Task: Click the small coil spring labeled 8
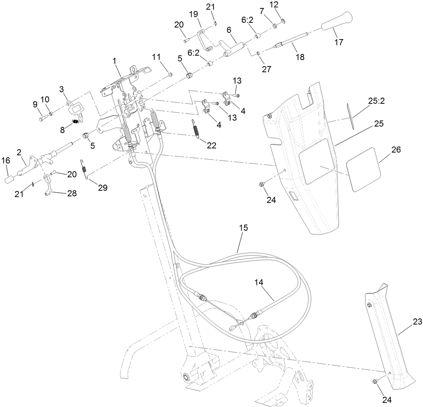click(x=76, y=122)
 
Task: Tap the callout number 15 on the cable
click(x=243, y=228)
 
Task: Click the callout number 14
click(x=259, y=282)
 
